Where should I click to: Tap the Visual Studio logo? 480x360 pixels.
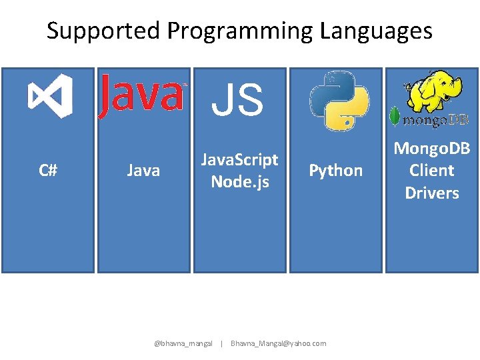point(50,97)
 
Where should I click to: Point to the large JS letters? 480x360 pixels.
point(238,99)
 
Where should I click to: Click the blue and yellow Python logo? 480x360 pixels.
point(339,100)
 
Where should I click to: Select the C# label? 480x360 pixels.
point(48,171)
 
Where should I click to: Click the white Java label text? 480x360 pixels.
point(143,171)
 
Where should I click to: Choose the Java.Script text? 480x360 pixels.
point(240,160)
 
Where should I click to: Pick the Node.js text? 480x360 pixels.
point(240,181)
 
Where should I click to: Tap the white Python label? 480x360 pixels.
point(336,171)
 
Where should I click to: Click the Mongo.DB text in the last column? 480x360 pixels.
point(432,148)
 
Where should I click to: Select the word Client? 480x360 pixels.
point(432,170)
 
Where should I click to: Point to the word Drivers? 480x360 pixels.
point(432,193)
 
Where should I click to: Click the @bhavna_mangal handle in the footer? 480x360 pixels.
point(183,343)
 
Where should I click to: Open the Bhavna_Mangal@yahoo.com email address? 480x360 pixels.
point(278,343)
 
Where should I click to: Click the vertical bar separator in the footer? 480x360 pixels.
point(221,343)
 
